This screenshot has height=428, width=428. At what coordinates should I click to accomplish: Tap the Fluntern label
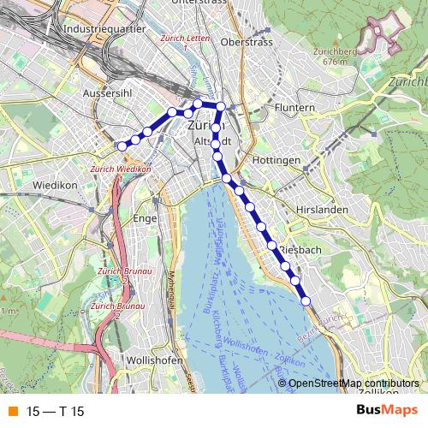297,108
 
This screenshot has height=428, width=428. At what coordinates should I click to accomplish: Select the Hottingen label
276,161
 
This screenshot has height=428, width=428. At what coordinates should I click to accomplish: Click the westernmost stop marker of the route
122,146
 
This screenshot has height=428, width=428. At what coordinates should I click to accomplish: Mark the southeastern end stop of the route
306,300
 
